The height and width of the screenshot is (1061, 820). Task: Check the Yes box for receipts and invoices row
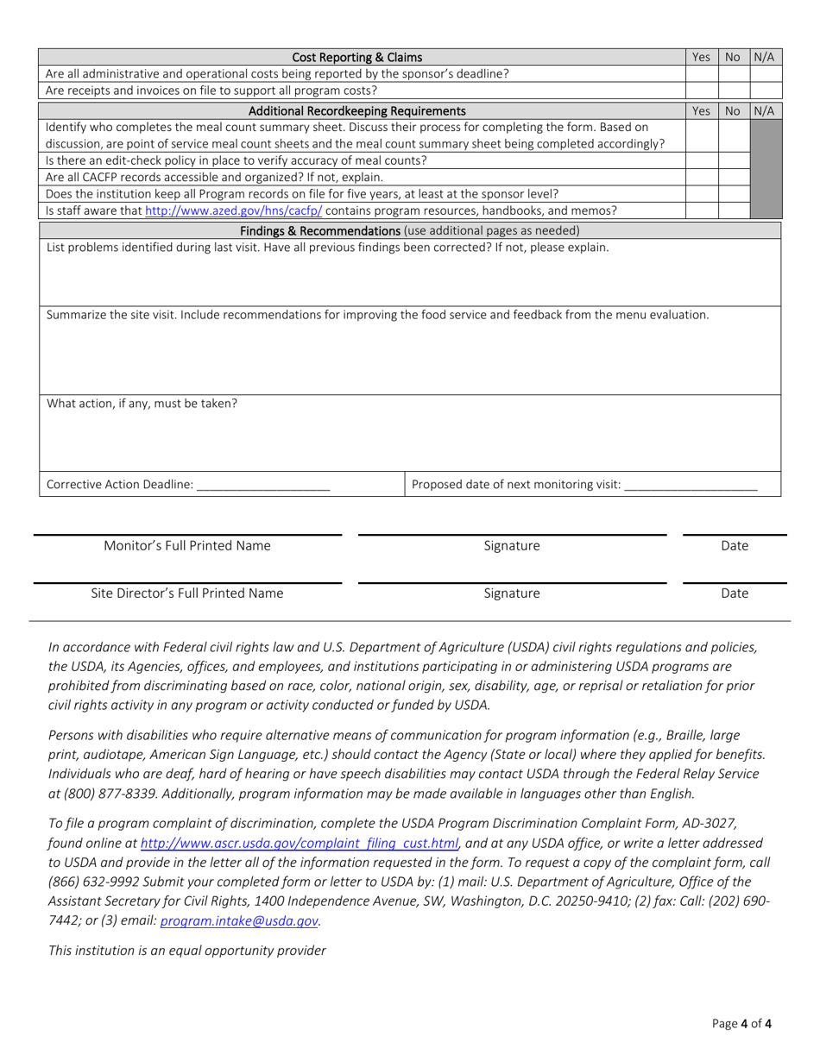pos(702,90)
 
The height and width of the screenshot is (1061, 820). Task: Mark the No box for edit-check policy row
pos(734,160)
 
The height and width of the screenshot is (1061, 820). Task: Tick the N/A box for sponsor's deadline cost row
pos(765,74)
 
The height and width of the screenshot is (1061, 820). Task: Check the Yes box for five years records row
pos(702,193)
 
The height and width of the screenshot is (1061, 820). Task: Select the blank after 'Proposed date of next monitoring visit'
pos(690,485)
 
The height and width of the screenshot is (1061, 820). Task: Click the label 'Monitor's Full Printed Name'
pos(187,546)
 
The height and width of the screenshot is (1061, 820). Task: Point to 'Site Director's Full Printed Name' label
pos(187,593)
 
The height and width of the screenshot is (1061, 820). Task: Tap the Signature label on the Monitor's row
pos(512,546)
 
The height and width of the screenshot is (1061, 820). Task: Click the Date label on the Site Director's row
pos(735,593)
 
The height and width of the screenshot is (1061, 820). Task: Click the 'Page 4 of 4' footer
pos(741,1025)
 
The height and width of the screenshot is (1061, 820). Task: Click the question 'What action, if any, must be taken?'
pos(142,403)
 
